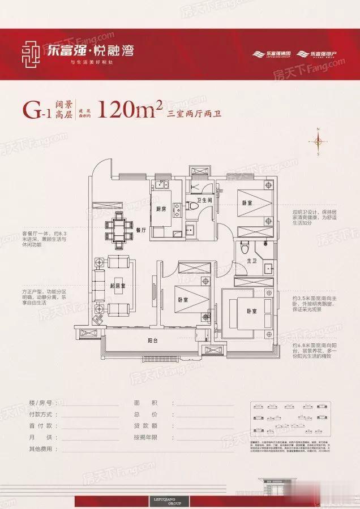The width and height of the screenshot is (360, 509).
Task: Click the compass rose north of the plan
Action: tap(319, 141)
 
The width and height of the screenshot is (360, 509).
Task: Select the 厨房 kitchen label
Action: tap(161, 209)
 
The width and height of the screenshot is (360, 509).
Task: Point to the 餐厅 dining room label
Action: tap(142, 230)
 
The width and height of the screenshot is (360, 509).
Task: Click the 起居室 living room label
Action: tap(118, 286)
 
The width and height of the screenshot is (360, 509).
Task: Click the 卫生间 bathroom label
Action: tap(204, 201)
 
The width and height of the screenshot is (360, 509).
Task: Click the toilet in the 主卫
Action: tap(245, 247)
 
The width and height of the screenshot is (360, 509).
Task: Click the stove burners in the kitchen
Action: tap(176, 209)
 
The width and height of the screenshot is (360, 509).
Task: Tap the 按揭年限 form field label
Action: tap(149, 438)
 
